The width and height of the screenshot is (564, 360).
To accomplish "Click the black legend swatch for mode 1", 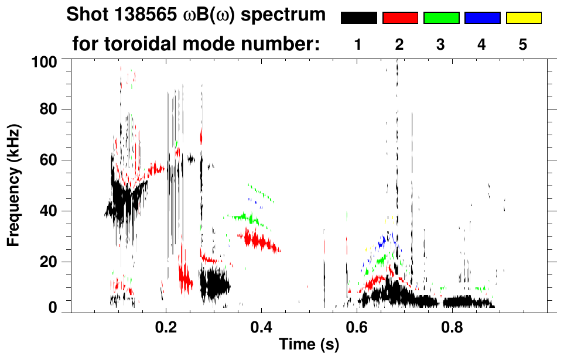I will (x=359, y=18).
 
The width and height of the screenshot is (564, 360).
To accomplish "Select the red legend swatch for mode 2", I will (x=400, y=18).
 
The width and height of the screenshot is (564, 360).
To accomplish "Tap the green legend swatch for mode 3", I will (x=441, y=18).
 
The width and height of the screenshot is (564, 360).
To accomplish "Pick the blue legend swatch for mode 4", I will (x=482, y=18).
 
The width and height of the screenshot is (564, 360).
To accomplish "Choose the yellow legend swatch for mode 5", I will (x=523, y=18).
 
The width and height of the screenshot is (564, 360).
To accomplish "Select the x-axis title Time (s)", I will (x=308, y=345).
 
